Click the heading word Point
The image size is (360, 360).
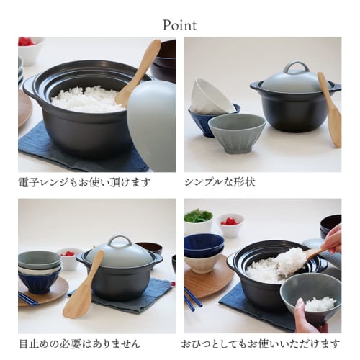click(179, 24)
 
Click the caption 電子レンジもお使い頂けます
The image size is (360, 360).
click(84, 182)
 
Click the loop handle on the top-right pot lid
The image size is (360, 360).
click(295, 68)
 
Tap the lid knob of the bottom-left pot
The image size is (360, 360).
click(120, 241)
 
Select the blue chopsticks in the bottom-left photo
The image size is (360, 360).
click(29, 297)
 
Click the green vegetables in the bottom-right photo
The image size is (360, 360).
click(198, 216)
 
